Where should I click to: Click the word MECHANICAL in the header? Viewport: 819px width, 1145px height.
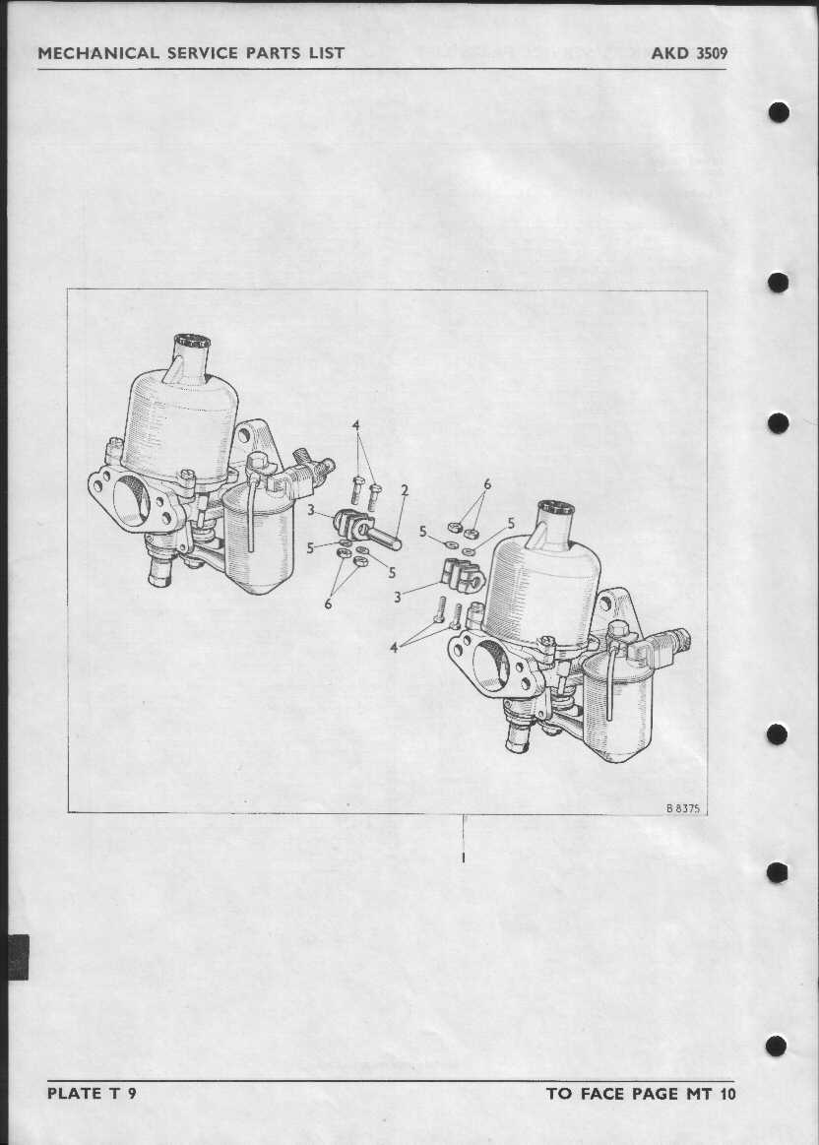98,52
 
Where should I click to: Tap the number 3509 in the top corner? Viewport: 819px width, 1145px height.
711,52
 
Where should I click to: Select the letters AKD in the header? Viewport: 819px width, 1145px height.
668,52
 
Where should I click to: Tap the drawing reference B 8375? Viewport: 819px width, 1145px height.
682,808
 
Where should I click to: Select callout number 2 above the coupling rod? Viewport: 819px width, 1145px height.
405,490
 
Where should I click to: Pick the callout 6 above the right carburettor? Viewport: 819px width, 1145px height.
487,484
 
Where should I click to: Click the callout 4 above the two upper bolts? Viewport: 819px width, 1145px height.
356,425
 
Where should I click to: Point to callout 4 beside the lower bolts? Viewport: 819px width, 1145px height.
394,647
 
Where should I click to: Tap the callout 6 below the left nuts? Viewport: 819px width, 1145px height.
329,604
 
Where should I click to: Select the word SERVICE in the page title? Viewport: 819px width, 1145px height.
209,52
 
